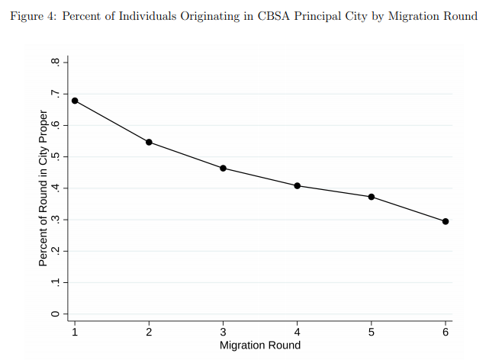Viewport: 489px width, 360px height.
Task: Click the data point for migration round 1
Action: (75, 101)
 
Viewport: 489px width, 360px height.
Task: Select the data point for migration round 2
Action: (149, 142)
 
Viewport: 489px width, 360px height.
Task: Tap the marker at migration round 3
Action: (223, 169)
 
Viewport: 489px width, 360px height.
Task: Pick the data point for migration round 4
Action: (298, 186)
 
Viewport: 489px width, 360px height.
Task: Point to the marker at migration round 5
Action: (372, 197)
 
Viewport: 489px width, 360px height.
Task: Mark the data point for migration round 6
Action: (446, 222)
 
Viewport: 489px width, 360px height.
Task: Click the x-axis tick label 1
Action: (75, 333)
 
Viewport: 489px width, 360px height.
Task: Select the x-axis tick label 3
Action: (223, 333)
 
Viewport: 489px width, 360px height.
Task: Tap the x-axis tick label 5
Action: (372, 333)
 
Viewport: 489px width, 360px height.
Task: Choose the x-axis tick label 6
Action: (446, 333)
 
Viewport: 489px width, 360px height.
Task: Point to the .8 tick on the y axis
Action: (55, 62)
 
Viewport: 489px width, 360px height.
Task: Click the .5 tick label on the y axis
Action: (55, 156)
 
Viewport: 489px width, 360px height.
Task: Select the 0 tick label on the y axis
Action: (55, 313)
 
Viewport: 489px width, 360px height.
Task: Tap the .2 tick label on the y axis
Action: (55, 251)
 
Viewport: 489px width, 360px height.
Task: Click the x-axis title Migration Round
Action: (260, 346)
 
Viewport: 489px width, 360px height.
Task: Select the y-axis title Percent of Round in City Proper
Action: (43, 188)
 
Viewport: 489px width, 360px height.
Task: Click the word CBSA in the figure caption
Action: (274, 16)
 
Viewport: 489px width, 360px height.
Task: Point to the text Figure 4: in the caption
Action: (33, 16)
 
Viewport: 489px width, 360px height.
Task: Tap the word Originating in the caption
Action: (211, 16)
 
